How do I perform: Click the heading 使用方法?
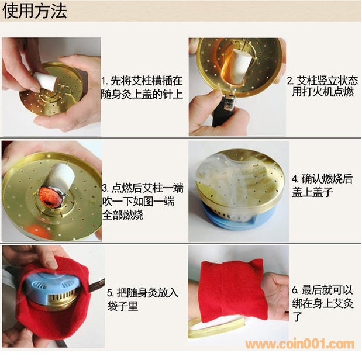(35, 11)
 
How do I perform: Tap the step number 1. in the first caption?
(105, 81)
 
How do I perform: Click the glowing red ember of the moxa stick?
(50, 196)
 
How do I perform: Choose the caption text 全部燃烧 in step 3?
(123, 215)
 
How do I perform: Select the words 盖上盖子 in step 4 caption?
(312, 192)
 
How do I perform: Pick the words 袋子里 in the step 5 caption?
(123, 306)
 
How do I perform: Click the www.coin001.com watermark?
(300, 344)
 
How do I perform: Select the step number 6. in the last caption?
(295, 290)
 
